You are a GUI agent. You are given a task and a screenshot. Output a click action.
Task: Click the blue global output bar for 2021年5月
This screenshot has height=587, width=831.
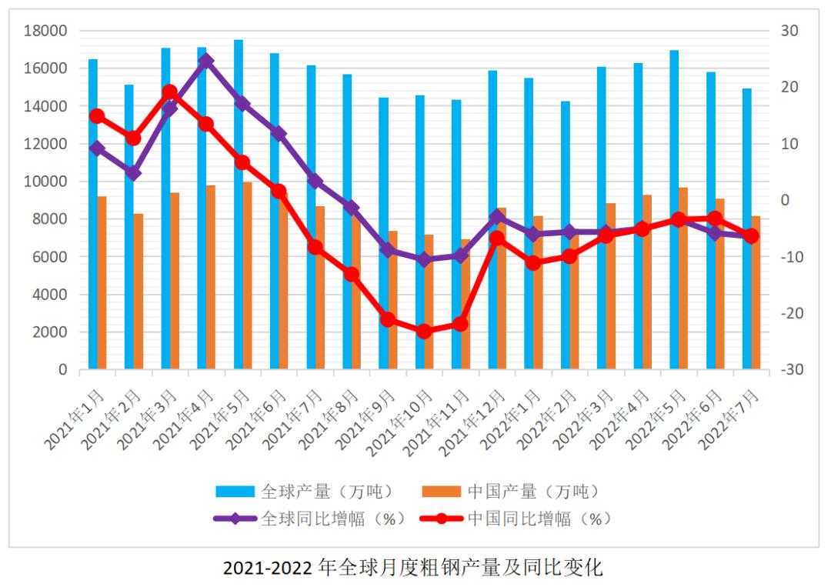tap(239, 205)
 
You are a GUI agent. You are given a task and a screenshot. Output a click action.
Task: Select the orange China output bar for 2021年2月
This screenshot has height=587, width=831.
tap(138, 292)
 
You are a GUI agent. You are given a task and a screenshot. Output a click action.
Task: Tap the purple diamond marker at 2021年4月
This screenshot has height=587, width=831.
tap(206, 62)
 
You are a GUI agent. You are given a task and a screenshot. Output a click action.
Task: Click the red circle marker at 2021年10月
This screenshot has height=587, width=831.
tap(424, 331)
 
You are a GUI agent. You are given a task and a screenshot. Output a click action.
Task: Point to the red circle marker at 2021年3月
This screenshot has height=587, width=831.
tap(169, 92)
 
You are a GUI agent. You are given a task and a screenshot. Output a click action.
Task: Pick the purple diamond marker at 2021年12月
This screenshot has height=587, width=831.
tap(497, 217)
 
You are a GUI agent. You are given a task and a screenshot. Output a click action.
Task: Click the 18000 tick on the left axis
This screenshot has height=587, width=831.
tap(45, 31)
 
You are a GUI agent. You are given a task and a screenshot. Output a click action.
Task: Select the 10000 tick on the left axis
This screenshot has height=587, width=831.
tap(45, 182)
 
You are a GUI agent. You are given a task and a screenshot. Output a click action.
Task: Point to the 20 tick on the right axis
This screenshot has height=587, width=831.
tap(789, 87)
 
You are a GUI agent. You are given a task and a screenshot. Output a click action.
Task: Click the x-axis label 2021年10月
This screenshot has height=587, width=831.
tap(399, 423)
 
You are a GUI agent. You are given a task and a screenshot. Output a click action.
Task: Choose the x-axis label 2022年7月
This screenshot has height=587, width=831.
tap(729, 419)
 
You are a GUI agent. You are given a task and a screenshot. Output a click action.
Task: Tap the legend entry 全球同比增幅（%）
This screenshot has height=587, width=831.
tap(309, 519)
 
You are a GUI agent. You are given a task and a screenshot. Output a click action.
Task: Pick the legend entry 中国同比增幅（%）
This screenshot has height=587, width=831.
tap(515, 519)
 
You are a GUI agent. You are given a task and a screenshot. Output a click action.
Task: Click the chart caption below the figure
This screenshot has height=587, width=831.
tap(413, 568)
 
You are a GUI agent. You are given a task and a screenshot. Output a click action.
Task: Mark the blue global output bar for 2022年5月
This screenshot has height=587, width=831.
tap(674, 210)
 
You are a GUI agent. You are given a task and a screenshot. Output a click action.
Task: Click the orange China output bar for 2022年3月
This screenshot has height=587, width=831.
tap(611, 286)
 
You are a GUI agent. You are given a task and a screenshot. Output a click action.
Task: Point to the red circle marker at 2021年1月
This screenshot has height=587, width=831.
tap(97, 116)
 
